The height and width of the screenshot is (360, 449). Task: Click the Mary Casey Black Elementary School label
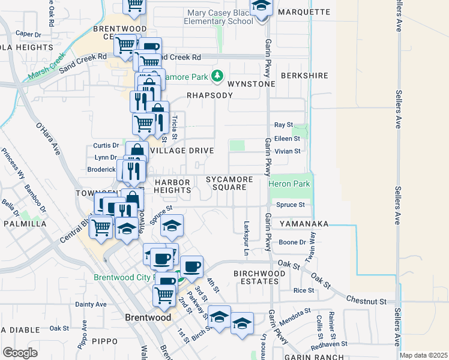[x=220, y=17]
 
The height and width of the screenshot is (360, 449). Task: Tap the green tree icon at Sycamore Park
[x=217, y=77]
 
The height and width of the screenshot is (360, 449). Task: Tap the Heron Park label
[x=289, y=184]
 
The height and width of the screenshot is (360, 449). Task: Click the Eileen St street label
[x=287, y=138]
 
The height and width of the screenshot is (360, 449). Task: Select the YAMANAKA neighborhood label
[x=304, y=224]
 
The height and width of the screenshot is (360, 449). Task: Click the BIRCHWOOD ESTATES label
[x=259, y=278]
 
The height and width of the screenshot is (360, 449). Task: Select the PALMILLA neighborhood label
[x=25, y=224]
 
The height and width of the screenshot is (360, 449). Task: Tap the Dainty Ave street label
[x=91, y=304]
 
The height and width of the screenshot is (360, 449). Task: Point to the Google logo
[x=20, y=353]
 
